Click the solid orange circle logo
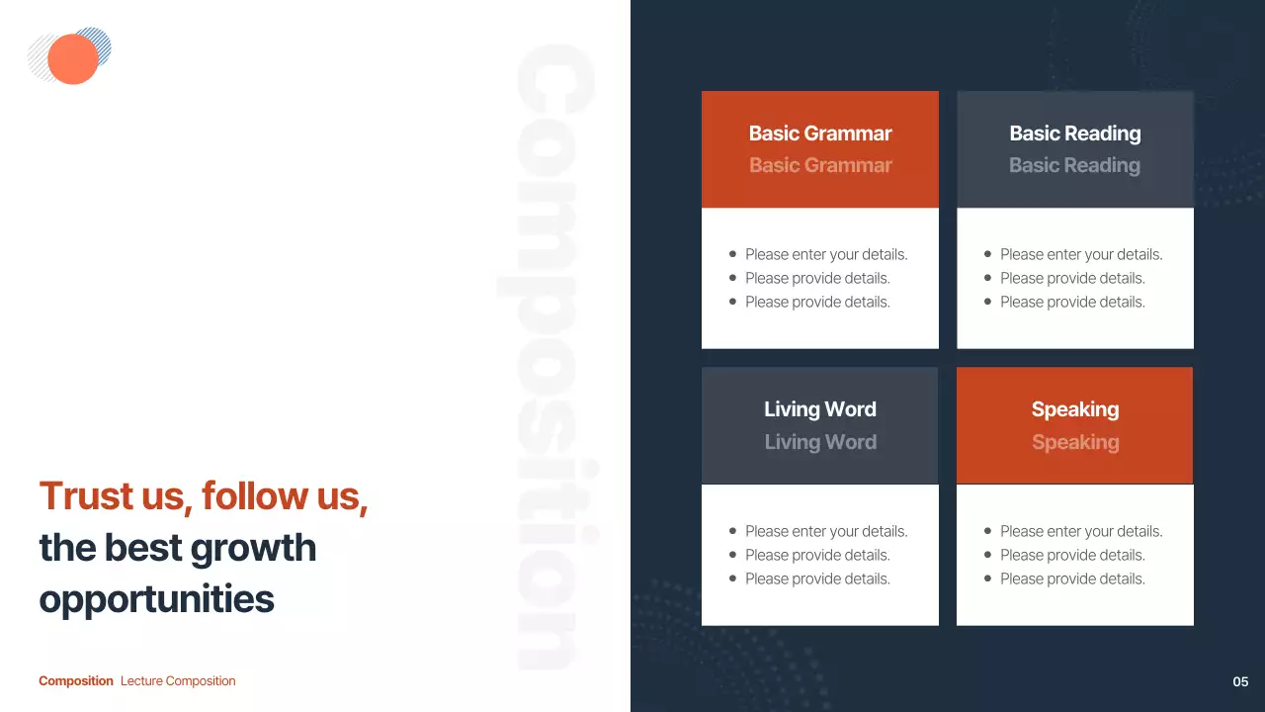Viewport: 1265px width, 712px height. coord(73,58)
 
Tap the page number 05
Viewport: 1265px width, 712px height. coord(1240,681)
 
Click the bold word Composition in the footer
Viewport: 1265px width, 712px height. coord(76,681)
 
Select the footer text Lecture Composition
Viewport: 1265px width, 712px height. coord(178,681)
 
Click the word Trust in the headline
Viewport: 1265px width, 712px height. coord(86,495)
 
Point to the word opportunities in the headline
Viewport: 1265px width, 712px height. coord(156,600)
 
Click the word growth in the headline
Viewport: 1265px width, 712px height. coord(253,548)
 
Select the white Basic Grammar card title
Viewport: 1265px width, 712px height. coord(820,133)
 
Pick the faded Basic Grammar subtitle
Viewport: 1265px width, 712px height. coord(820,165)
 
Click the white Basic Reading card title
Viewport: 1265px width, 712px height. coord(1074,133)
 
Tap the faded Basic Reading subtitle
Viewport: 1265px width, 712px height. coord(1074,165)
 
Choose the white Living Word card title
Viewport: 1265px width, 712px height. coord(820,409)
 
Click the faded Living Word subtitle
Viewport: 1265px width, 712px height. coord(820,442)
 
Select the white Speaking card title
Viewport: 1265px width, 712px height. coord(1074,409)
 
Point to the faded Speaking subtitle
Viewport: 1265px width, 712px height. coord(1074,442)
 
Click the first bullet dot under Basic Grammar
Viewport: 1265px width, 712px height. coord(732,254)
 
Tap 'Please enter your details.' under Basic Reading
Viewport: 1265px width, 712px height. coord(1081,255)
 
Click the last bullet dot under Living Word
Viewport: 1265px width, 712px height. coord(732,578)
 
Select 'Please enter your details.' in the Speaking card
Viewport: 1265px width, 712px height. coord(1081,532)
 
